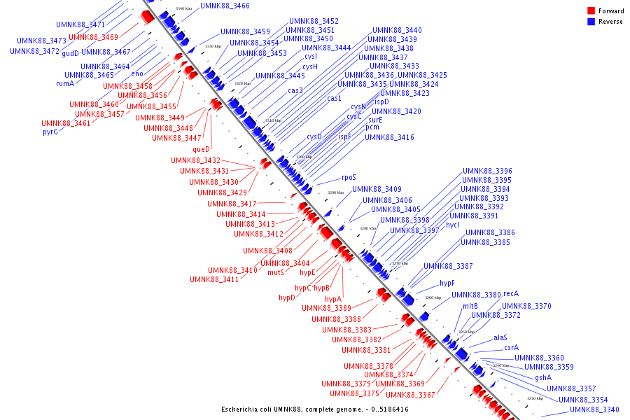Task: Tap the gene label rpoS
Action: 349,178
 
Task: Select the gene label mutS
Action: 276,272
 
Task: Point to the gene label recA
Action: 511,294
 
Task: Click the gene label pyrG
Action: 50,132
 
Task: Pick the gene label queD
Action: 201,149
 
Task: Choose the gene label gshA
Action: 543,377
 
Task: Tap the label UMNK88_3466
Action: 225,6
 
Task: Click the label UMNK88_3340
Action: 594,409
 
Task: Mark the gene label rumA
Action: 65,83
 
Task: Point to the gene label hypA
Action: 333,299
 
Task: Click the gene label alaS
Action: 500,337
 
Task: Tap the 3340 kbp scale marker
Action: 183,8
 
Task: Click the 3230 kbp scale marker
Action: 535,398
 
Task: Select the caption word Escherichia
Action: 242,409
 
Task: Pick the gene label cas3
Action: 295,90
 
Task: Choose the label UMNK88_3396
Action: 486,171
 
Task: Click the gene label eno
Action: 137,73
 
